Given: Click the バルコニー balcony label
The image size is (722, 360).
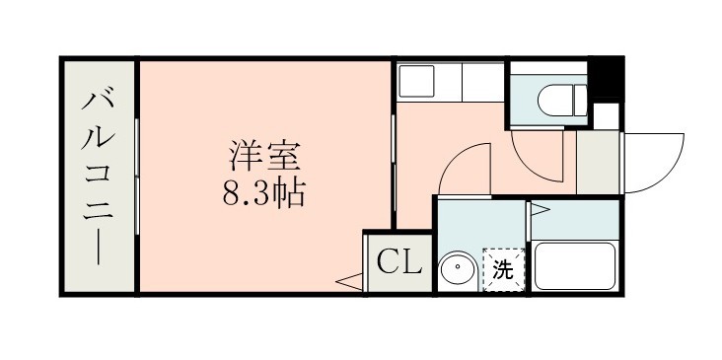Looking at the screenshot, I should pos(98,176).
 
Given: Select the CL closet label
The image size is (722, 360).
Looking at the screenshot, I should pos(399,262).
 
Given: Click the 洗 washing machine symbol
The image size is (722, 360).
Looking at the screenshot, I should pos(503,269).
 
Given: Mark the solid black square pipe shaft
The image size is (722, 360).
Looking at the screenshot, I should pos(607,80).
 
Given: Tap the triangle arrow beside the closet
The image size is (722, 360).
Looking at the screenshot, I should pos(347,284).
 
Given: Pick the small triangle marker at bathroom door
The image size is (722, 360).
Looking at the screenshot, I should pos(539,209).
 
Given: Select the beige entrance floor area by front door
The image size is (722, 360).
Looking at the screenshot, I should pos(596,161).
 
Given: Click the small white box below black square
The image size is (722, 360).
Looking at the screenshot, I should pos(608,114).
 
